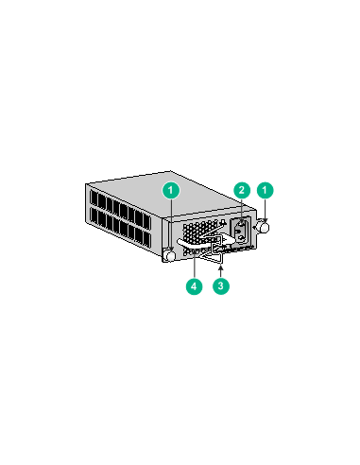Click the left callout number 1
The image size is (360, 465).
(x=170, y=190)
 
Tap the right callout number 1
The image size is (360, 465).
(x=266, y=190)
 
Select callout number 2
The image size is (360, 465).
(x=242, y=190)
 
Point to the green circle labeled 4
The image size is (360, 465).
(x=192, y=284)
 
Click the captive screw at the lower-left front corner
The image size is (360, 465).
(x=169, y=256)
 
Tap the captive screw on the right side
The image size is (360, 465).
(x=264, y=227)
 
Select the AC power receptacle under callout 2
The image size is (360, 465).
(x=241, y=232)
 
